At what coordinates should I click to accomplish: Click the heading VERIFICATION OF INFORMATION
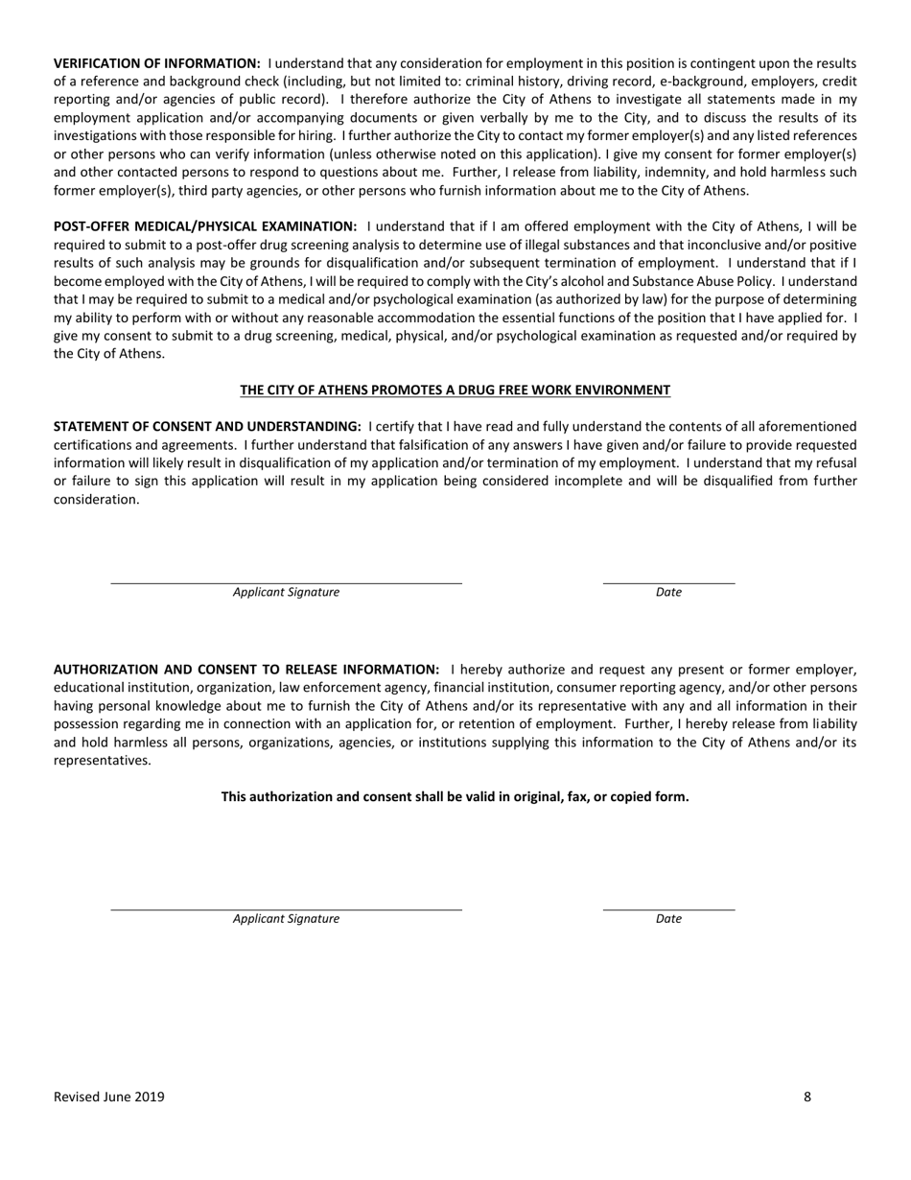(x=156, y=63)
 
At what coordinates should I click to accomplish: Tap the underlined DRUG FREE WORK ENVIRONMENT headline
(x=455, y=389)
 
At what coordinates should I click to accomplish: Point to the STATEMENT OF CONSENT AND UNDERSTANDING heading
(x=207, y=426)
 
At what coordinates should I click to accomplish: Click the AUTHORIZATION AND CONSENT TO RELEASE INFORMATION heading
(x=246, y=670)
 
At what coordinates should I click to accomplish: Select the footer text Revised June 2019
(x=108, y=1097)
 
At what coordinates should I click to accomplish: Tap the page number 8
(x=807, y=1097)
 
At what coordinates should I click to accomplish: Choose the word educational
(x=96, y=688)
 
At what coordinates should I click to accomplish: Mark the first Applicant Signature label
(x=286, y=592)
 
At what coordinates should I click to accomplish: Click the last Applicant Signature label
(x=286, y=918)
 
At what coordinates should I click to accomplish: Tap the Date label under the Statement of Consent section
(x=668, y=592)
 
